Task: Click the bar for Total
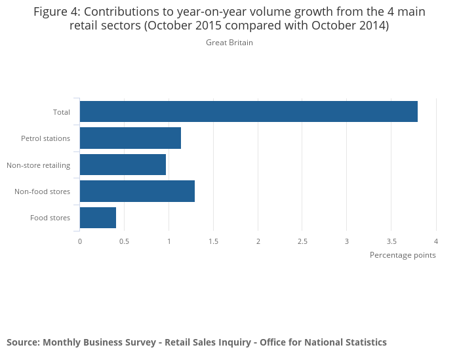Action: tap(249, 111)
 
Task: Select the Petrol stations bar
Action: tap(130, 138)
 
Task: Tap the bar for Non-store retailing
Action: tap(123, 165)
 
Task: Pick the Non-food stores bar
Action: tap(137, 191)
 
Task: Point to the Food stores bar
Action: tap(98, 217)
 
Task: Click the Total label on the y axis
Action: tap(62, 112)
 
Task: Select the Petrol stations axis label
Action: tap(45, 138)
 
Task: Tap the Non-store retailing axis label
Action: tap(38, 165)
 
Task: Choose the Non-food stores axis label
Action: tap(42, 191)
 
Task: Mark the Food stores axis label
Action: tap(50, 218)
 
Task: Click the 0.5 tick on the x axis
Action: tap(124, 241)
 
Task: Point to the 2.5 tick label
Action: tap(302, 241)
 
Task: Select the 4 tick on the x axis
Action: tap(436, 241)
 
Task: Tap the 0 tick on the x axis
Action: tap(80, 241)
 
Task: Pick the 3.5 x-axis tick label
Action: tap(391, 241)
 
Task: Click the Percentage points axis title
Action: tap(403, 255)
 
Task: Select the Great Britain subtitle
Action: tap(229, 43)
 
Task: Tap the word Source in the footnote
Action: tap(22, 342)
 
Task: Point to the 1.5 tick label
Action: tap(213, 241)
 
